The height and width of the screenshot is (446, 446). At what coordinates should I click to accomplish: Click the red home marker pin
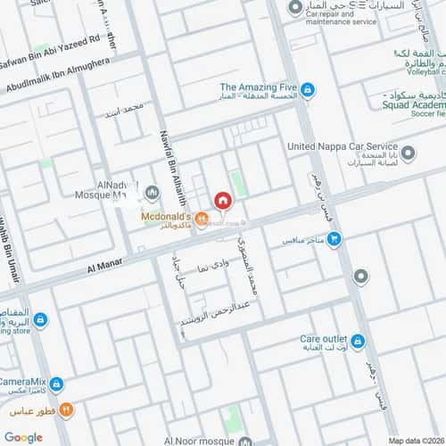pos(221,201)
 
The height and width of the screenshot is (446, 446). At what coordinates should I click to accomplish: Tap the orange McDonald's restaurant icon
pos(202,217)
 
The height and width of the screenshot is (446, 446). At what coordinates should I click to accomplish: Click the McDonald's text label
pos(167,216)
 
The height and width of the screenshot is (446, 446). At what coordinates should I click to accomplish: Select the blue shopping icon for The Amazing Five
pos(308,90)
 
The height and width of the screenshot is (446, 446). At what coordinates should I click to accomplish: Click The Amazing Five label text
pos(258,87)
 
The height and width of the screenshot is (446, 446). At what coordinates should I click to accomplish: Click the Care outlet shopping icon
pos(357,341)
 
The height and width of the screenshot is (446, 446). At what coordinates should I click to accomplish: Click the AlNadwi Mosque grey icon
pos(152,191)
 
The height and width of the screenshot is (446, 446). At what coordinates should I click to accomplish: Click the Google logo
pos(23,437)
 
